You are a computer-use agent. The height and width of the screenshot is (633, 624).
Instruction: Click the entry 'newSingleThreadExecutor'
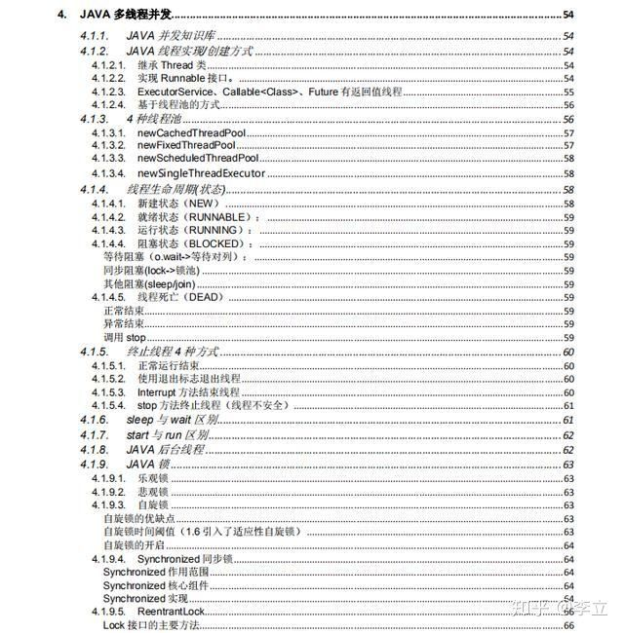201,173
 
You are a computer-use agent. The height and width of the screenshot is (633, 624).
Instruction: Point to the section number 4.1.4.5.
108,296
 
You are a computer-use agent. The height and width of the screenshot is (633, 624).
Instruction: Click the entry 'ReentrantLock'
171,611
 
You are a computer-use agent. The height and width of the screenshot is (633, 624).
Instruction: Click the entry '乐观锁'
152,479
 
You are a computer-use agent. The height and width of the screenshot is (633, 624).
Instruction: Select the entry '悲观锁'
152,493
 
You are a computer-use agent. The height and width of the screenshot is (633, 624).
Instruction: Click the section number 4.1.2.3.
108,91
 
